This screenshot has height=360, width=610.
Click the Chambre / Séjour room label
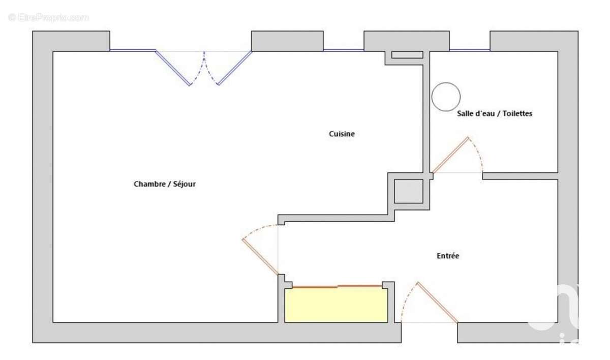tap(164, 184)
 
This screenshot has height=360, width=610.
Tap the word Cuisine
tap(342, 134)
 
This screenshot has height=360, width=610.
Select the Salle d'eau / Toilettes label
tap(494, 114)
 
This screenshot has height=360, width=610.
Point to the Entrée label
tap(448, 256)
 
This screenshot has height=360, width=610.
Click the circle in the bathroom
tap(446, 97)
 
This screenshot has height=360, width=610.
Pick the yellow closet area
tap(336, 305)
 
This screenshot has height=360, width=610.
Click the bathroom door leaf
tap(449, 155)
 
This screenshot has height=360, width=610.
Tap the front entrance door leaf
tap(437, 302)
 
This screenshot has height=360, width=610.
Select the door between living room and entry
tap(260, 257)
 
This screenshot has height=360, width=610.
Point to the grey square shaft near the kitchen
tap(409, 191)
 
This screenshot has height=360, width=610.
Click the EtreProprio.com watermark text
tap(48, 17)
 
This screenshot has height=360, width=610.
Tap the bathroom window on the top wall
tap(469, 50)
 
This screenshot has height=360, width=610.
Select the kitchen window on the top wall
tap(343, 50)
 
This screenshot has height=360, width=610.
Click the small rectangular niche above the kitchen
tap(407, 55)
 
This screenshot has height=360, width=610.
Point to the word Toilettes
tap(516, 114)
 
